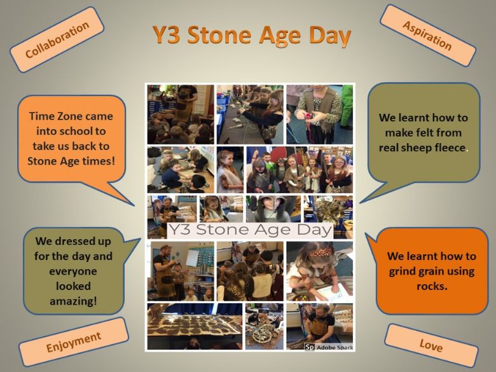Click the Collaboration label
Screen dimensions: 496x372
pos(57,39)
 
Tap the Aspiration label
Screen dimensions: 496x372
pos(428,36)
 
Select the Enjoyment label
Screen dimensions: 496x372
pos(74,341)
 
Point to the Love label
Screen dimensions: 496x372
pos(431,345)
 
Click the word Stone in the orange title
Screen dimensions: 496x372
pos(220,35)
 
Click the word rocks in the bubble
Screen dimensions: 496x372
pos(432,286)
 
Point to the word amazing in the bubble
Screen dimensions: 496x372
pos(73,301)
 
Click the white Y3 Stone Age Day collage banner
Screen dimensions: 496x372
pos(249,230)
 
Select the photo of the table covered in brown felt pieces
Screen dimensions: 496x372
pos(195,326)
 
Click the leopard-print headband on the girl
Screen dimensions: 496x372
pos(319,252)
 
